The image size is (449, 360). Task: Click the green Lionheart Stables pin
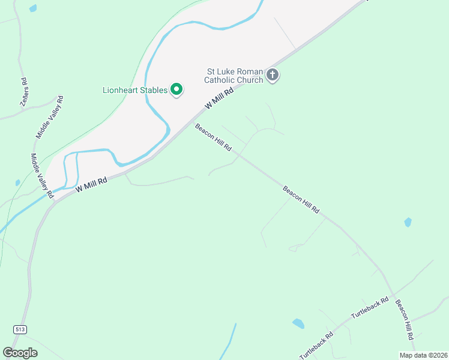(x=176, y=90)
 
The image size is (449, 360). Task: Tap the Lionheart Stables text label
(x=133, y=91)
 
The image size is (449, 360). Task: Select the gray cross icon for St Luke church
(x=273, y=75)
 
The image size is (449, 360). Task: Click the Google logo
(x=20, y=353)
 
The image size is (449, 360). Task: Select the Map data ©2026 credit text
(x=424, y=355)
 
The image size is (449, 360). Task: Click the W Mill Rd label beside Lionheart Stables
(x=218, y=96)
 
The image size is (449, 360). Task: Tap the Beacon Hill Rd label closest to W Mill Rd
(x=213, y=137)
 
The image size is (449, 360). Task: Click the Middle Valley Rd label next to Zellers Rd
(x=50, y=116)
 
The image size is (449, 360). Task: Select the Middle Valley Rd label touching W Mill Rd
(x=43, y=176)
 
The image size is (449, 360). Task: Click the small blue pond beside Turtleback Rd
(x=298, y=324)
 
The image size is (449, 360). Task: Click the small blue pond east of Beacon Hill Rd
(x=408, y=222)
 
